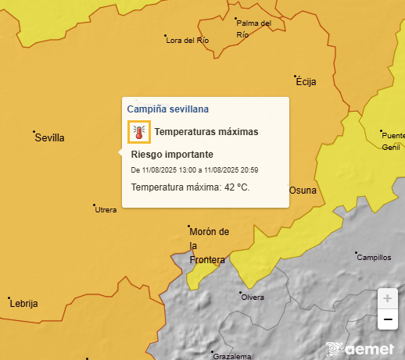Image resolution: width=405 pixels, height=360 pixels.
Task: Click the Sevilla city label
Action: [49, 138]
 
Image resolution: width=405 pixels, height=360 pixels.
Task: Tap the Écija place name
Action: [306, 80]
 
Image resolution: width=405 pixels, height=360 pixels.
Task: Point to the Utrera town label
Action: [106, 210]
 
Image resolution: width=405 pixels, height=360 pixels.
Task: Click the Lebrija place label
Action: [23, 304]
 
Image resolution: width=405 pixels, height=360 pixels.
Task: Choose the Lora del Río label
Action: [188, 40]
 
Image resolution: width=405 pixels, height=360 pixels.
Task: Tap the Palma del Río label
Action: [253, 29]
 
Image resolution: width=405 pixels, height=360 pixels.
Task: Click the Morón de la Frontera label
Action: [209, 245]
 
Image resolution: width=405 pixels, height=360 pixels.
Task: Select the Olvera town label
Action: [253, 298]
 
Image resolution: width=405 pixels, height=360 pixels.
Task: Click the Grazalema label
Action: [231, 355]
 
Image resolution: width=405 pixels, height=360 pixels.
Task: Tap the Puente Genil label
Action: [392, 141]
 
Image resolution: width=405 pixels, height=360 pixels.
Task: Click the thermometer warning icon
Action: [138, 132]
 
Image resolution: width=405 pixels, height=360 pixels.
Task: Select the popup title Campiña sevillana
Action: [167, 109]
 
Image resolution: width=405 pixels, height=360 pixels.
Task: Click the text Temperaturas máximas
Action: [206, 132]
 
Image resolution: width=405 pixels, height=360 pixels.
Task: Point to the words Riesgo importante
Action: [172, 155]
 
